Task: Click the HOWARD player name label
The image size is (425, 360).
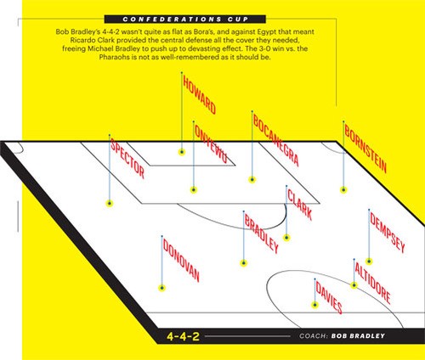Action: click(199, 94)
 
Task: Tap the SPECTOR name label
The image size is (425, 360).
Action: click(127, 158)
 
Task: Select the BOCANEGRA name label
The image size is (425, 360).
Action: click(275, 140)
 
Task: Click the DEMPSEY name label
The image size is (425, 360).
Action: click(388, 232)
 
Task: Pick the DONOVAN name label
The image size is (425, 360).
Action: click(181, 261)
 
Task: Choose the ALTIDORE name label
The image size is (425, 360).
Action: click(372, 283)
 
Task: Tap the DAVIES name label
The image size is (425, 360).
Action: click(329, 297)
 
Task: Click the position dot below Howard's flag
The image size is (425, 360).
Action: click(182, 152)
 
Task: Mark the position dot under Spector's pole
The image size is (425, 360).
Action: click(110, 203)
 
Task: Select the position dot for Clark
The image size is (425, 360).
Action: click(286, 238)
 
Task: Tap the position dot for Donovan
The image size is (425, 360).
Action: click(161, 288)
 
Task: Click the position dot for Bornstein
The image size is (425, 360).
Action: click(343, 190)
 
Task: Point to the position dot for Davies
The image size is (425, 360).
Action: click(314, 305)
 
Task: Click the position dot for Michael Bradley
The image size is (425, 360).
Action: click(244, 263)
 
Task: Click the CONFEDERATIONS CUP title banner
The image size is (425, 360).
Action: click(185, 20)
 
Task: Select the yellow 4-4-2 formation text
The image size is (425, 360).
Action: click(183, 336)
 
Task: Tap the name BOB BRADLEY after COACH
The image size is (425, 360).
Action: click(358, 336)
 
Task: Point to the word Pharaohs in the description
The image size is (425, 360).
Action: click(110, 57)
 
